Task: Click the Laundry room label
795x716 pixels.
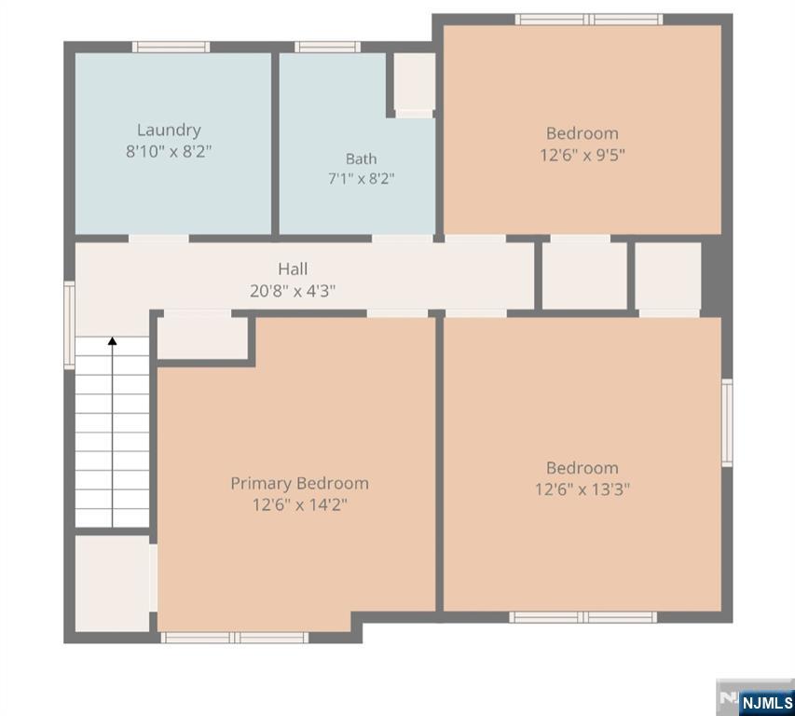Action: pyautogui.click(x=169, y=131)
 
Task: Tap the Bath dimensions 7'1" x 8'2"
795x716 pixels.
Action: pyautogui.click(x=361, y=179)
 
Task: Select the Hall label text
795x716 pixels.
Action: pyautogui.click(x=293, y=268)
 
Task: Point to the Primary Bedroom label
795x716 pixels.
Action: pyautogui.click(x=300, y=484)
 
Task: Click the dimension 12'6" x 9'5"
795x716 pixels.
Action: pyautogui.click(x=583, y=155)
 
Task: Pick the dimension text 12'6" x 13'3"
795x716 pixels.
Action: pyautogui.click(x=583, y=489)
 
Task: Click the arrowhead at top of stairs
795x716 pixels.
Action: pyautogui.click(x=112, y=341)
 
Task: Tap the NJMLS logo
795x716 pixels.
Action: pyautogui.click(x=756, y=697)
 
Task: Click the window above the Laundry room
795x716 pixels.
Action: pyautogui.click(x=171, y=47)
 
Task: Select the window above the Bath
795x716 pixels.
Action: pyautogui.click(x=327, y=47)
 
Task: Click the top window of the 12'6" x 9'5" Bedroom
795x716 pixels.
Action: pyautogui.click(x=589, y=20)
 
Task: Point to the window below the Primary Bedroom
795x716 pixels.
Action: pyautogui.click(x=235, y=638)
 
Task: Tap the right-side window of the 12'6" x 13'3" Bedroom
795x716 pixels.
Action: pyautogui.click(x=727, y=422)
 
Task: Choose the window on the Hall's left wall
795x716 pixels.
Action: pyautogui.click(x=70, y=325)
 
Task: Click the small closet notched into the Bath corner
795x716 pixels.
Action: pyautogui.click(x=415, y=85)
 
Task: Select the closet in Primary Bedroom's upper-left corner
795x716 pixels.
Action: pyautogui.click(x=202, y=338)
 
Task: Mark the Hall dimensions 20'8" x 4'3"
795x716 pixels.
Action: pyautogui.click(x=293, y=291)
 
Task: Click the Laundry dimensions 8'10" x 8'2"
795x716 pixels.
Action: pyautogui.click(x=169, y=151)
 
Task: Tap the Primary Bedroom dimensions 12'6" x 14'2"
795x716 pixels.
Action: pyautogui.click(x=300, y=505)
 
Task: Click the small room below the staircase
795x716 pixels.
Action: pyautogui.click(x=112, y=584)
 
